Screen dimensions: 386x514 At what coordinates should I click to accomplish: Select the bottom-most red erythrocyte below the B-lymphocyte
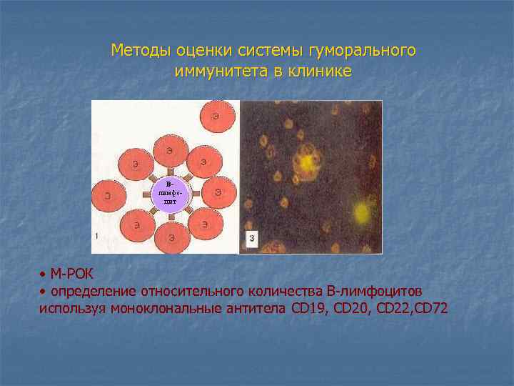[x=171, y=236]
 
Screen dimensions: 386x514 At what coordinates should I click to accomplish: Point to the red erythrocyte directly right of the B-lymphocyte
[x=218, y=192]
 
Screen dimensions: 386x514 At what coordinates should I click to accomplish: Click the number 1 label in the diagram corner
[x=96, y=235]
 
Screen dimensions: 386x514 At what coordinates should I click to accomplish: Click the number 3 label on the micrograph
[x=251, y=238]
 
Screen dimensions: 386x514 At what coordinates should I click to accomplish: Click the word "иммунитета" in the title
[x=213, y=71]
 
